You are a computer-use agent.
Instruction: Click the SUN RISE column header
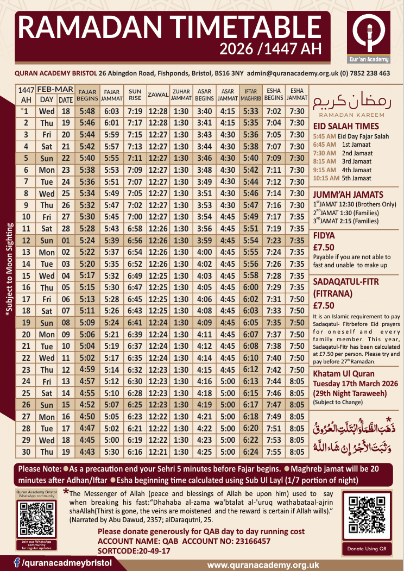click(x=135, y=95)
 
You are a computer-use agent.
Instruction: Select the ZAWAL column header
click(x=157, y=95)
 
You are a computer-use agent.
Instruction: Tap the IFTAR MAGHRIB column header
click(x=250, y=95)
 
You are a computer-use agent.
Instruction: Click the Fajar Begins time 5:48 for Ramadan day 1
click(x=87, y=111)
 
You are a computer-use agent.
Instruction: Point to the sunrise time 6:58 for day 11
click(x=135, y=228)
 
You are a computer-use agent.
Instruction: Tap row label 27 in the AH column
click(x=26, y=416)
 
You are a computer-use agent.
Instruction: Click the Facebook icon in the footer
click(x=17, y=561)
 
